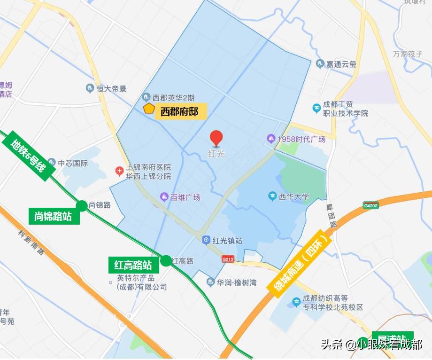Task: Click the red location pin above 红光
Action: coord(216,138)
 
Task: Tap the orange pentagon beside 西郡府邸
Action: coord(149,109)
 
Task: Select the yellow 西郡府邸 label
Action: coord(180,112)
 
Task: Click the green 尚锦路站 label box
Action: coord(53,216)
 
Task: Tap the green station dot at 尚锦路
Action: coord(82,205)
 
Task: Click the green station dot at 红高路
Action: coord(166,260)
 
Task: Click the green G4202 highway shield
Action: coord(370,205)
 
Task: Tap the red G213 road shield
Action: coord(228,258)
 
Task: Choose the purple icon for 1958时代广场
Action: coord(270,139)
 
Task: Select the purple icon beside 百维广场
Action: coord(164,196)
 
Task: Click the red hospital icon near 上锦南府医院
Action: coord(120,172)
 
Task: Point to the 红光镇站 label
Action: coord(227,240)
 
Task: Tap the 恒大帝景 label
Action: coord(111,88)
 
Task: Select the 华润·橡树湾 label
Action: coord(237,282)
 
